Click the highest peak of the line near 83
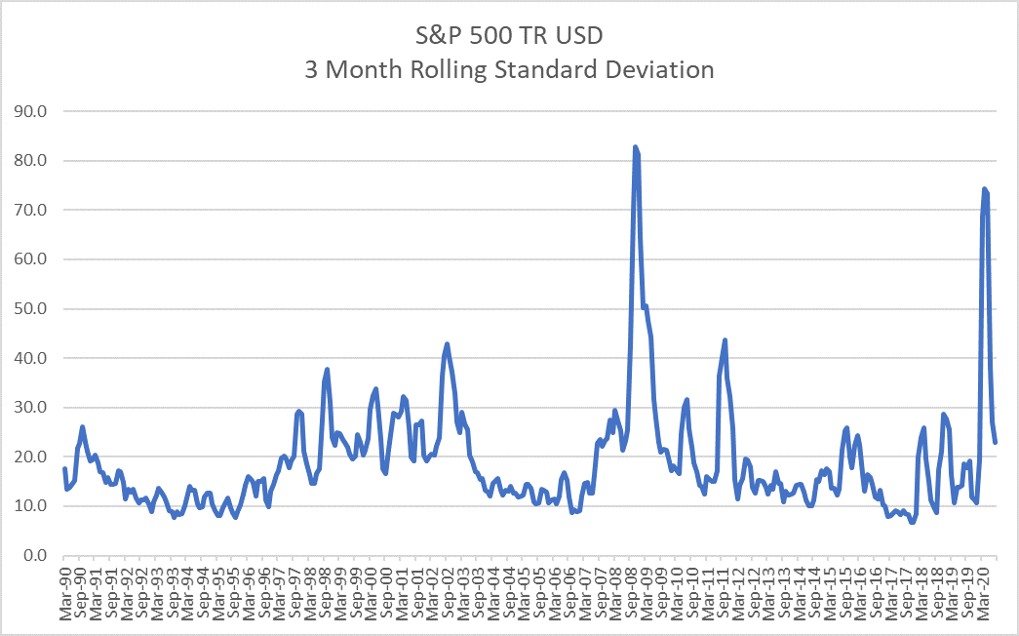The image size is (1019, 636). click(636, 147)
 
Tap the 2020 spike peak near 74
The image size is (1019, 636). click(985, 188)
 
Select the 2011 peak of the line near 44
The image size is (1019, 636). click(725, 339)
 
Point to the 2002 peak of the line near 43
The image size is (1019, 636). click(447, 343)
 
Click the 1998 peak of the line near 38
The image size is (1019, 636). click(328, 369)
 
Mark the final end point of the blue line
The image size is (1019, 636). click(996, 443)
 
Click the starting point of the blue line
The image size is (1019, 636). click(64, 469)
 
